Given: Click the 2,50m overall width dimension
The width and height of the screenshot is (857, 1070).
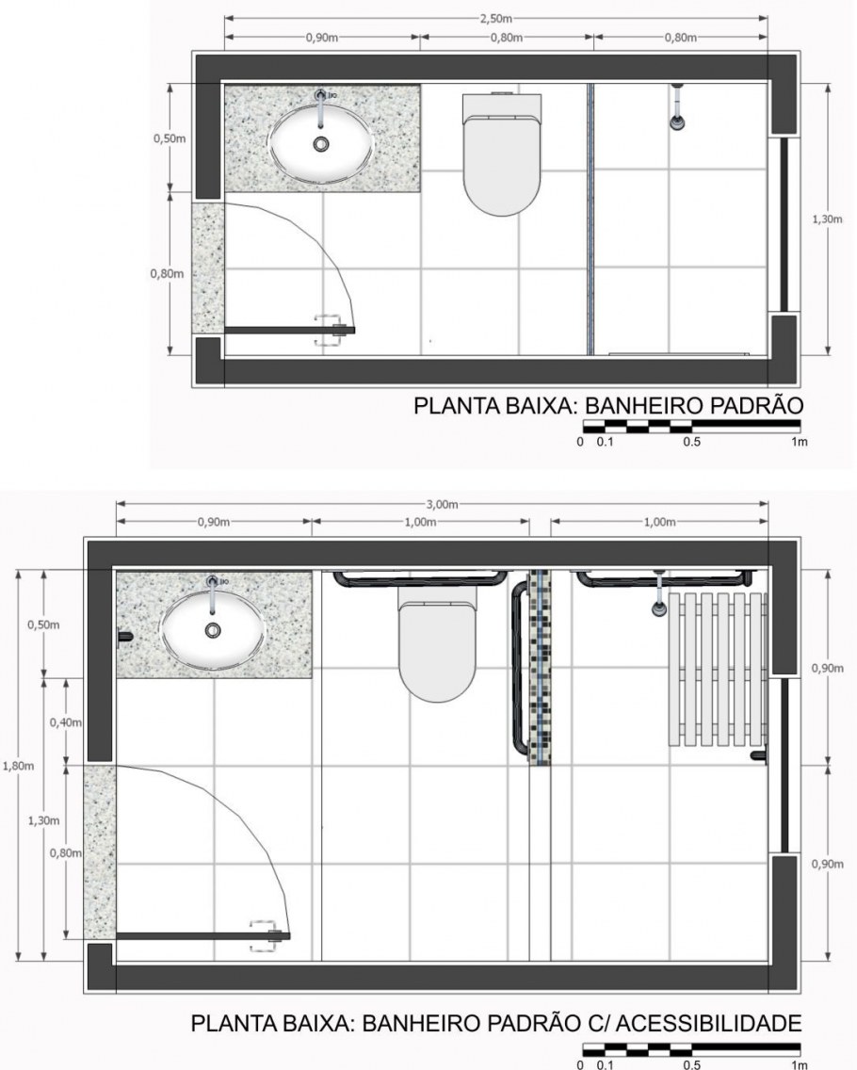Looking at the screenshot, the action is tap(495, 19).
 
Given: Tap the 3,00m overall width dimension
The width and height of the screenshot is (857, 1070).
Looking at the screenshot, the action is tap(442, 505).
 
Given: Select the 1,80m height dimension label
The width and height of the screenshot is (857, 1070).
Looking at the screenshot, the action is tap(18, 766).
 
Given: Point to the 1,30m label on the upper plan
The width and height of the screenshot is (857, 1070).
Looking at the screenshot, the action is tap(827, 219).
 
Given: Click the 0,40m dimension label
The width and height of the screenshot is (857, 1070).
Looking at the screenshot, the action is tap(66, 722).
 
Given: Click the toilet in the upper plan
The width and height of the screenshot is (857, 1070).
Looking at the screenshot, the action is tap(502, 154).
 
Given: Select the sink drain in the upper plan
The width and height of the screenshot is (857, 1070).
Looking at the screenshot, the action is tap(321, 144).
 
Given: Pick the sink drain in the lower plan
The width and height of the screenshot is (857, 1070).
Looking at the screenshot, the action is tap(213, 630).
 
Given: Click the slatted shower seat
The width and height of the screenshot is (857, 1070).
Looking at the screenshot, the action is tap(717, 670).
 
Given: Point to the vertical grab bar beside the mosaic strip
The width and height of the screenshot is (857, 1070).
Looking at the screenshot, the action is tap(519, 668).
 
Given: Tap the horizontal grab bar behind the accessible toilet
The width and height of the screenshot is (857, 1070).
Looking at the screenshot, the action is tap(420, 581).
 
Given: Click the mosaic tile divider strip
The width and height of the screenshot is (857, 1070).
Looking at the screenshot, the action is tap(540, 668).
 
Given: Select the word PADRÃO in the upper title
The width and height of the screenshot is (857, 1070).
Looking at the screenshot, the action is tap(756, 405).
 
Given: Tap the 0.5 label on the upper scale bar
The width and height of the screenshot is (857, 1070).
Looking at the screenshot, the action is tap(692, 442).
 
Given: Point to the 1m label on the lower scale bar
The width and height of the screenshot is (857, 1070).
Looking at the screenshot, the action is tap(800, 1065).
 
